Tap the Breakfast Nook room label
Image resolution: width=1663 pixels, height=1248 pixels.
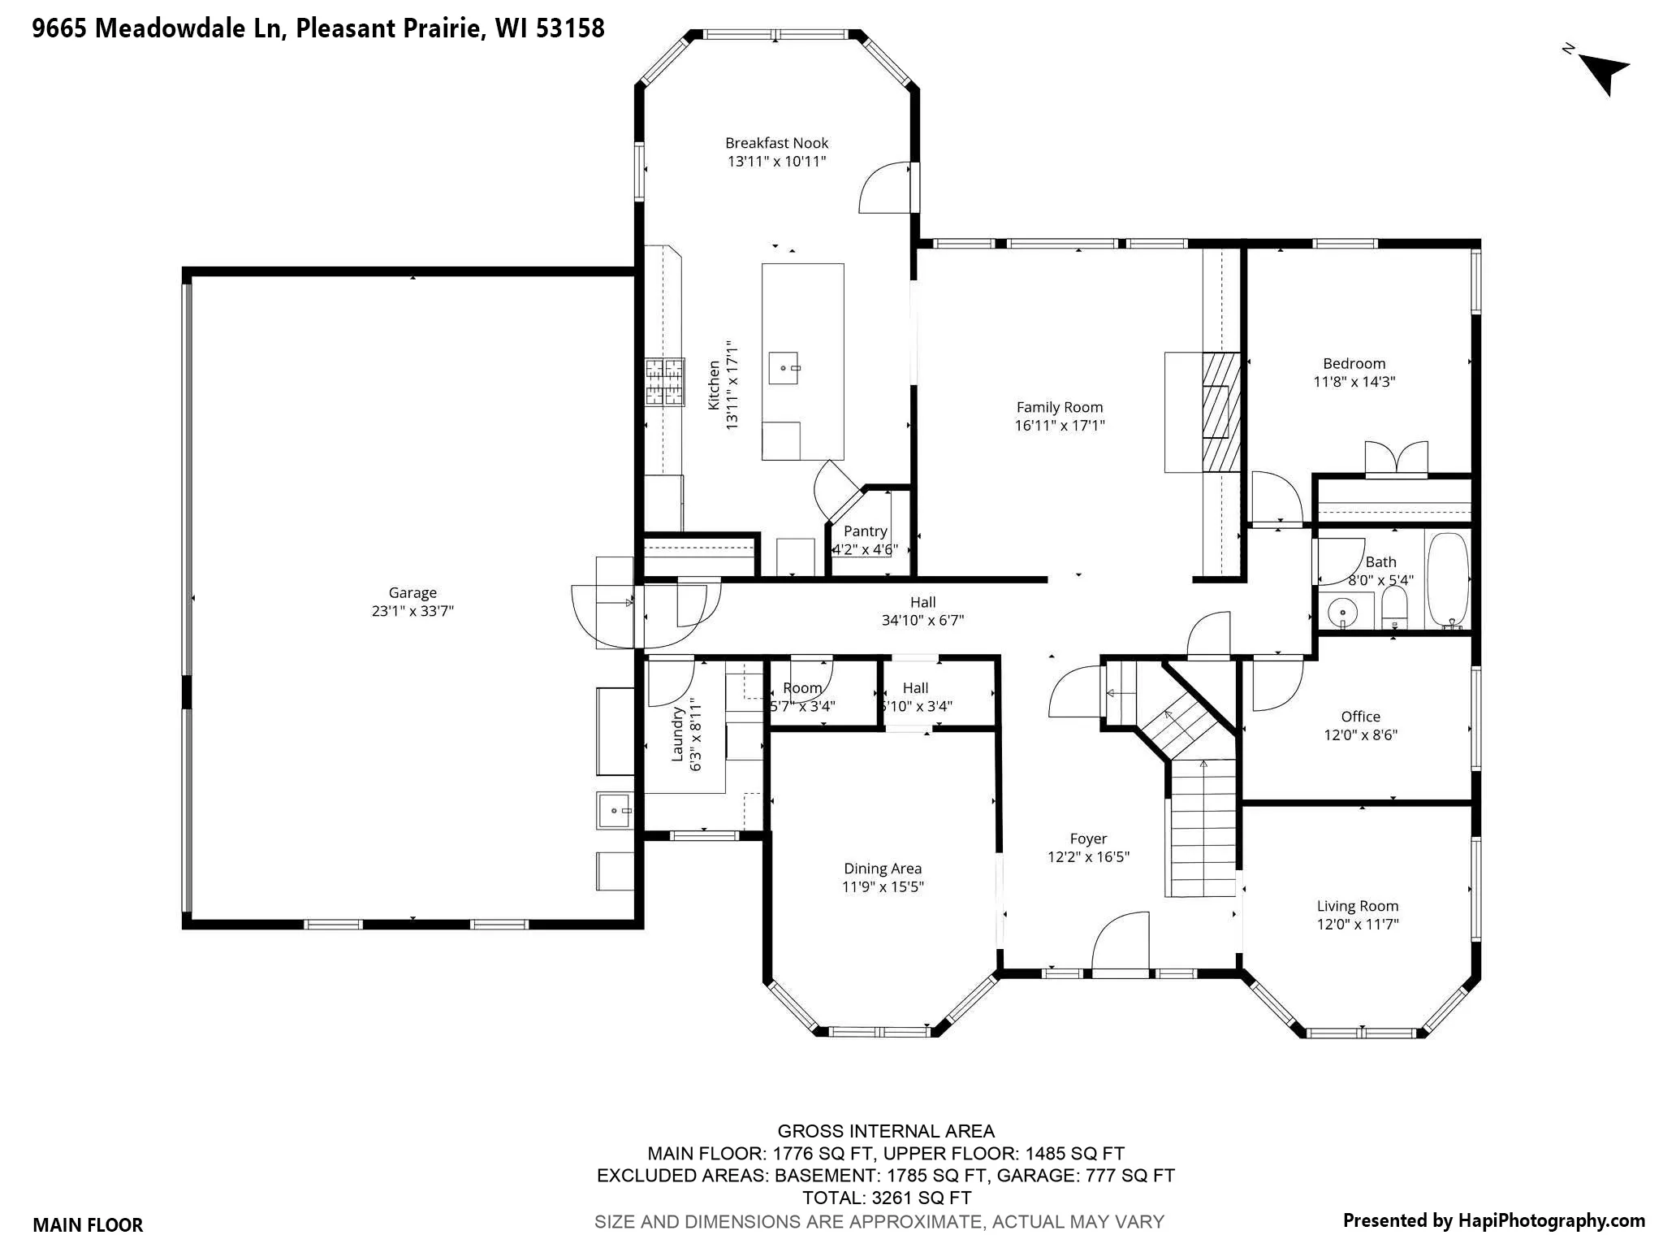pos(776,143)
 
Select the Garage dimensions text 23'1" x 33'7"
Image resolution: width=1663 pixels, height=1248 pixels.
pos(413,611)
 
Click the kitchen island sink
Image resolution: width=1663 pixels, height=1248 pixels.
pos(784,368)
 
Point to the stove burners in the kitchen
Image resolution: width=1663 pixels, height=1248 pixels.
pos(665,382)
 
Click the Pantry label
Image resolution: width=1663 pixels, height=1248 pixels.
pos(865,531)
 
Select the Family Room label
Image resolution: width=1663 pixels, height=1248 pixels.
pos(1060,407)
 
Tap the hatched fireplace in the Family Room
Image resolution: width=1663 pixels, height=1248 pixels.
pos(1221,412)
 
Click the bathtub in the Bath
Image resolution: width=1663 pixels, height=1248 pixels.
pos(1448,581)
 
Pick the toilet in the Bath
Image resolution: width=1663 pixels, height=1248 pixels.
pos(1394,608)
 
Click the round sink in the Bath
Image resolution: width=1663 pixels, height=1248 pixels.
pos(1343,612)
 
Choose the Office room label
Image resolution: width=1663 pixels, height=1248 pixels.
pos(1360,717)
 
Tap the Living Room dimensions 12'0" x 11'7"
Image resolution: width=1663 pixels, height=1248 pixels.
pos(1358,924)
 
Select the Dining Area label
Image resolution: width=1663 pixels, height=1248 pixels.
pos(883,869)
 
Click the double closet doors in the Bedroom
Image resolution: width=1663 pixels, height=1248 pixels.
pos(1396,457)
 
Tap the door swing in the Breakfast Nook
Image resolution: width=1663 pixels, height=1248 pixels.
pos(885,188)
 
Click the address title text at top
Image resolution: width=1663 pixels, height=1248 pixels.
pos(318,28)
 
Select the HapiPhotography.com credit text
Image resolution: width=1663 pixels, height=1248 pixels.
pos(1494,1220)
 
